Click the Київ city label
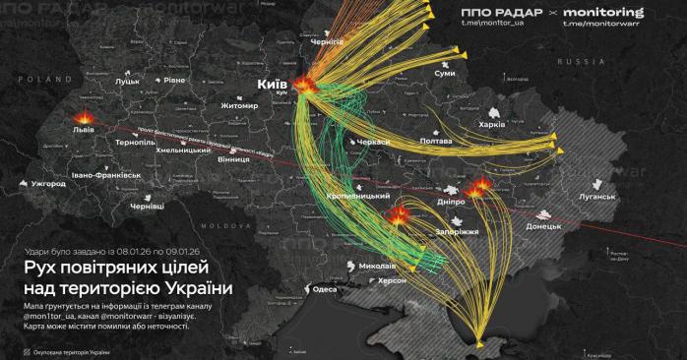(272, 85)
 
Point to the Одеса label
(325, 289)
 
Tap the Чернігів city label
(326, 42)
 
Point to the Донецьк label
(543, 226)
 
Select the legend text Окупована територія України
(78, 350)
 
